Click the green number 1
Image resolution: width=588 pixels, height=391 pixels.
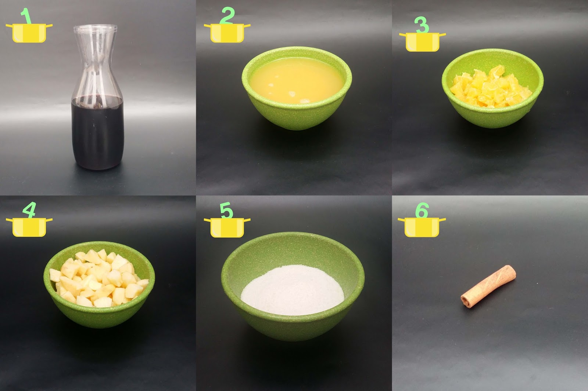point(26,16)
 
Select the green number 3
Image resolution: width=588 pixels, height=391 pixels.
point(422,25)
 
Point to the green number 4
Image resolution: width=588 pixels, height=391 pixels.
point(29,210)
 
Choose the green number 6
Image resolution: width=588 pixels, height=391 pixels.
point(422,210)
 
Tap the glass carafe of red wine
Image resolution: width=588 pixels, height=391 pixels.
point(97,97)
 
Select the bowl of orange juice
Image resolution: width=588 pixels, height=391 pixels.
point(297,88)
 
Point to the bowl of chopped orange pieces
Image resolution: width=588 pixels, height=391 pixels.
point(492,88)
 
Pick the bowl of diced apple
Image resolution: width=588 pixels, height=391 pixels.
point(99,284)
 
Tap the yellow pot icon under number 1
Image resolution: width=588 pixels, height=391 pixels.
point(29,33)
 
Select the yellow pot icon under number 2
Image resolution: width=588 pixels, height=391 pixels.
point(227,33)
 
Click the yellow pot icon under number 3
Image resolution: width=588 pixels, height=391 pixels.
point(422,42)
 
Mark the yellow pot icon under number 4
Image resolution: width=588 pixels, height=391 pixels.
point(29,227)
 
